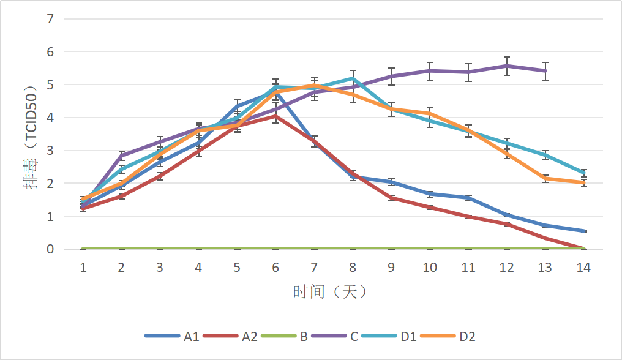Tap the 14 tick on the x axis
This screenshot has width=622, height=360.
(x=583, y=268)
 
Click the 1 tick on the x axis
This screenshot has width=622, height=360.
(x=83, y=268)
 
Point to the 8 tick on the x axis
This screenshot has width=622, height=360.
(x=353, y=268)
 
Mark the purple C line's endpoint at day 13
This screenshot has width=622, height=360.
(x=545, y=71)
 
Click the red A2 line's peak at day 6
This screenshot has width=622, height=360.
(x=275, y=116)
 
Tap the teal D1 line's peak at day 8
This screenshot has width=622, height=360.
(x=353, y=78)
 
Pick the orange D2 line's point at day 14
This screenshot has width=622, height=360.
(x=583, y=182)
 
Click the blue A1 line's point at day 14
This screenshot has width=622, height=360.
(x=583, y=231)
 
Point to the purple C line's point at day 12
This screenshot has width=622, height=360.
(x=507, y=66)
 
